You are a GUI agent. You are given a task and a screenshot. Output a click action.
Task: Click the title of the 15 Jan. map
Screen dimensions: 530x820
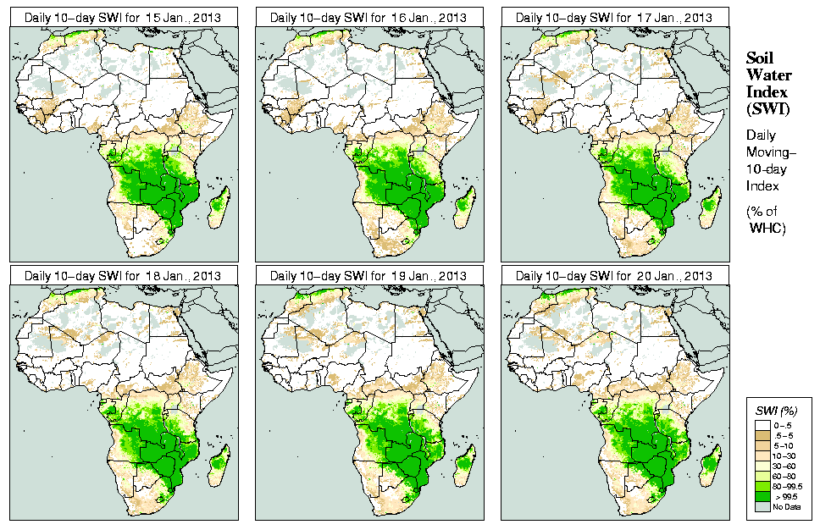[123, 17]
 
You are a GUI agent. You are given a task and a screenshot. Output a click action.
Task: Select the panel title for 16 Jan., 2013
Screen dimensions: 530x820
[368, 17]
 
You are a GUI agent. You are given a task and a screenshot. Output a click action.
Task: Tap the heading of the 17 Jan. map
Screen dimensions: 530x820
[614, 17]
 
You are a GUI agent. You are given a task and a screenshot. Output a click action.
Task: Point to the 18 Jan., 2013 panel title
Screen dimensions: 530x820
[123, 276]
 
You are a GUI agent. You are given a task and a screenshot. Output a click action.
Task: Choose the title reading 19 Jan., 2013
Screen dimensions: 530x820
[368, 276]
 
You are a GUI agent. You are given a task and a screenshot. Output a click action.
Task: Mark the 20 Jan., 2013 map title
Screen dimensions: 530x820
[614, 276]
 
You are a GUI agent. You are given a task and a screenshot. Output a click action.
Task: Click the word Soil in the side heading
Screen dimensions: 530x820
[759, 58]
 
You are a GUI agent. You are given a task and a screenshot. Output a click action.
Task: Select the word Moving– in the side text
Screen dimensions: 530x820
[770, 152]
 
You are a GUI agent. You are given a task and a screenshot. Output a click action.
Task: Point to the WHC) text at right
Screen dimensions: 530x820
[768, 229]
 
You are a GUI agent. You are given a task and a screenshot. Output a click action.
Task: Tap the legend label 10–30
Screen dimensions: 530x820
[784, 455]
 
